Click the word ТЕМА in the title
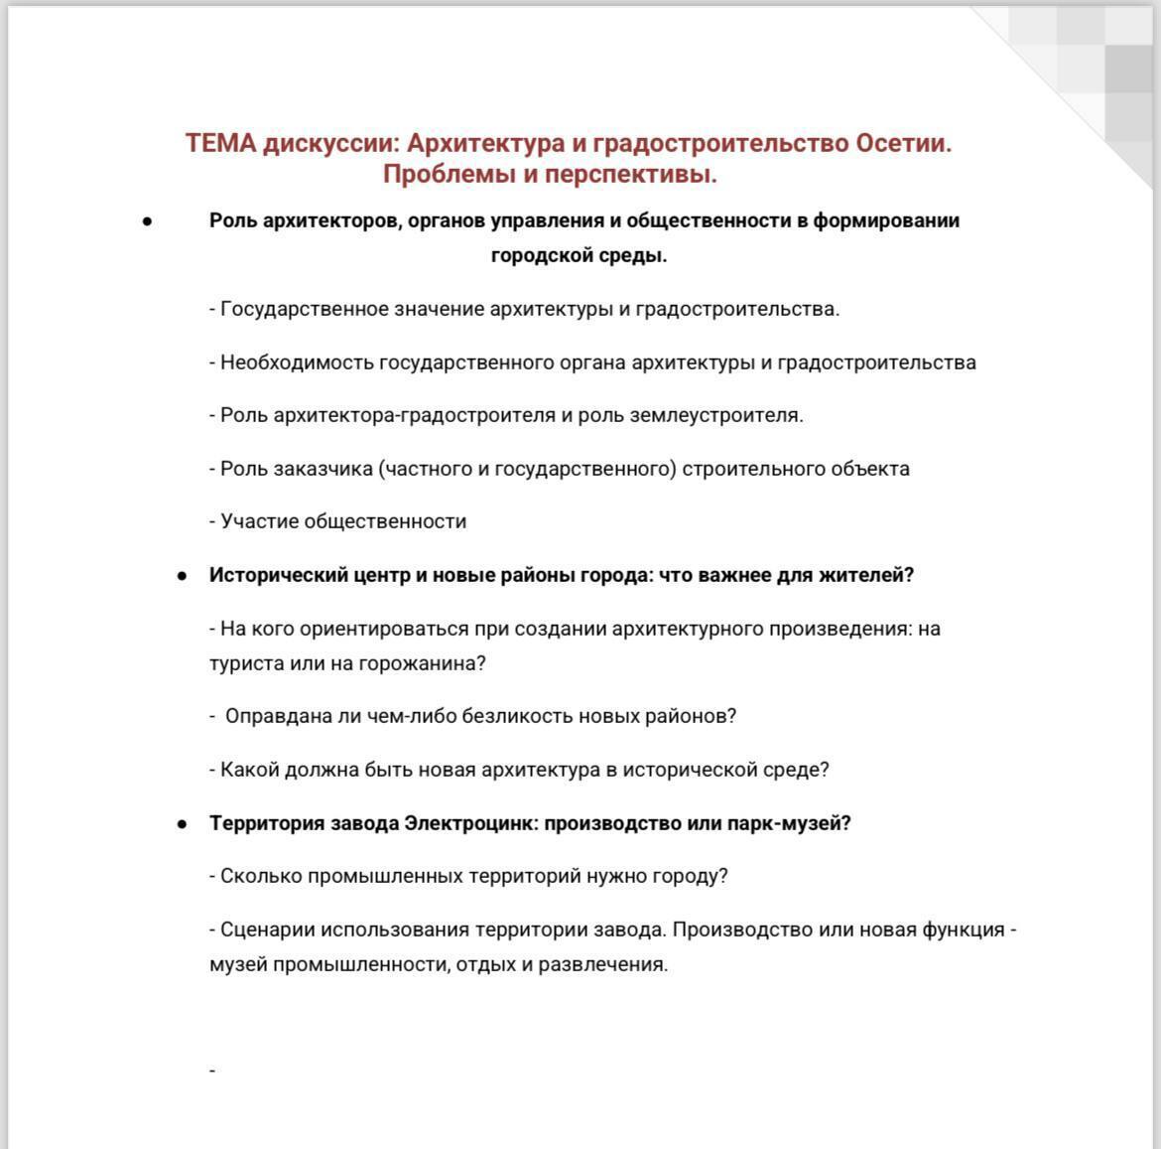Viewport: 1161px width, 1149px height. point(220,143)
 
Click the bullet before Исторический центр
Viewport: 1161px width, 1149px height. point(182,576)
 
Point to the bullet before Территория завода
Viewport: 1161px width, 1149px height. point(182,824)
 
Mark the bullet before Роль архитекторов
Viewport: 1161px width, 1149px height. point(147,221)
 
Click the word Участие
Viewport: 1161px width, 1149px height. point(259,521)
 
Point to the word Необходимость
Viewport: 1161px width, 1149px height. point(297,362)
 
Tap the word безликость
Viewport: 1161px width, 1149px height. point(518,716)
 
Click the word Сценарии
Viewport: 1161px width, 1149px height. point(262,931)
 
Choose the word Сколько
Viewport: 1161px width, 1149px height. point(261,877)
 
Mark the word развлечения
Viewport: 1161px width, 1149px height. point(602,964)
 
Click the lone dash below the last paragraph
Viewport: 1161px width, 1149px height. point(212,1071)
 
